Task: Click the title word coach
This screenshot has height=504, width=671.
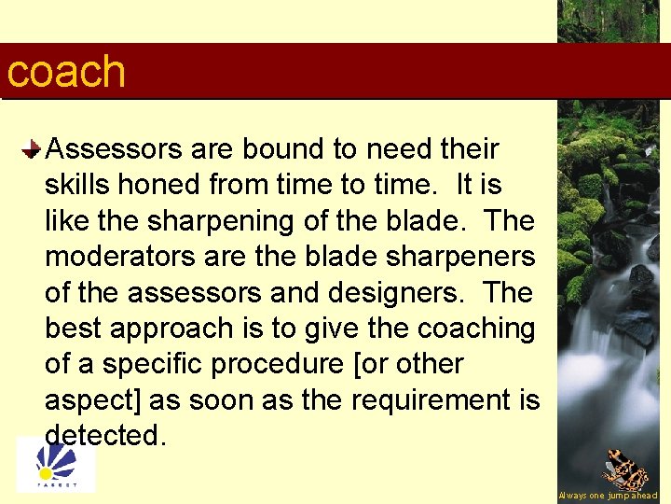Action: point(65,72)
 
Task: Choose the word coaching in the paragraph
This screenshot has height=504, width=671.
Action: point(475,329)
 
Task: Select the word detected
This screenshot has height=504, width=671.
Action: point(105,435)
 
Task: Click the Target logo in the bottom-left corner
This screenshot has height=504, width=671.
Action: point(56,466)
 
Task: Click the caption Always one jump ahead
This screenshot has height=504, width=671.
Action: point(608,496)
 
